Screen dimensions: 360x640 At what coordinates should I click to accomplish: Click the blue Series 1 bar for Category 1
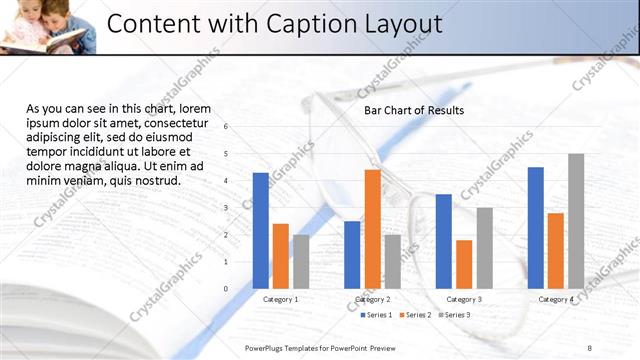pyautogui.click(x=261, y=230)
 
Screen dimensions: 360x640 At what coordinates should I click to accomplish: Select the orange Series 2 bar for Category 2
pyautogui.click(x=372, y=229)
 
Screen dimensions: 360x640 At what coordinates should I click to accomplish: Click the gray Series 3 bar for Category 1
pyautogui.click(x=301, y=261)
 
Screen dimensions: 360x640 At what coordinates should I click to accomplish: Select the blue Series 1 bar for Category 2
pyautogui.click(x=352, y=254)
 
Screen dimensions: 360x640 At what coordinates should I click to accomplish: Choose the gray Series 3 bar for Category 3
pyautogui.click(x=484, y=247)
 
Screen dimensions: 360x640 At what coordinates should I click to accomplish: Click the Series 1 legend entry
pyautogui.click(x=376, y=315)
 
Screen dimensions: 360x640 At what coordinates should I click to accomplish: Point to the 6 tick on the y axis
pyautogui.click(x=227, y=127)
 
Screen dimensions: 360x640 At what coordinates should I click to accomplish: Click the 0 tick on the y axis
pyautogui.click(x=227, y=288)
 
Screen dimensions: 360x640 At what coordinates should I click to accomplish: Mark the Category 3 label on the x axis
pyautogui.click(x=464, y=299)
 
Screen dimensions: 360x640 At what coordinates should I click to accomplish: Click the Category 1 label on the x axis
pyautogui.click(x=280, y=299)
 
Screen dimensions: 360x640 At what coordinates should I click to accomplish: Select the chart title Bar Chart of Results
pyautogui.click(x=413, y=109)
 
